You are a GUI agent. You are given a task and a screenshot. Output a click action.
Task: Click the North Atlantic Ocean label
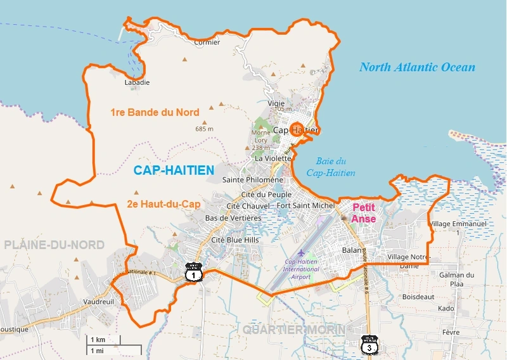pos(417,67)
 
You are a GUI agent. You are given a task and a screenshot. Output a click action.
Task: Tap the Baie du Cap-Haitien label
pos(330,167)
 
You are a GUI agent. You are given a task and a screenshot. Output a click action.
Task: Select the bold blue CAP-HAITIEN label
pos(174,170)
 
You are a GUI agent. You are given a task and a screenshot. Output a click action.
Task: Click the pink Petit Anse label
pos(364,213)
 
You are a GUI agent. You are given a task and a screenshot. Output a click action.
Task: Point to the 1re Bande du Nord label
pos(155,113)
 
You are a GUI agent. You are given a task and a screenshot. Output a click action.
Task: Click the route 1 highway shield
pos(194,273)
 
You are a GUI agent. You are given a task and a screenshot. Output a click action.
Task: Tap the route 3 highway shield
pos(369,344)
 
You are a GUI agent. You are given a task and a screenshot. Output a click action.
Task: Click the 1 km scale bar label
pos(98,340)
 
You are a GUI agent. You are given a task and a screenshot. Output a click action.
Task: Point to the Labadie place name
pos(138,82)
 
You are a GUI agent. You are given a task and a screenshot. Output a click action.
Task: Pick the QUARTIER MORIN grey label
pos(294,330)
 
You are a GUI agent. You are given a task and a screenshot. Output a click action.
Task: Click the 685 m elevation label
pos(205,129)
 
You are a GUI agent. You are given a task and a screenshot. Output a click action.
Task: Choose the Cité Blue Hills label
pos(235,240)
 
